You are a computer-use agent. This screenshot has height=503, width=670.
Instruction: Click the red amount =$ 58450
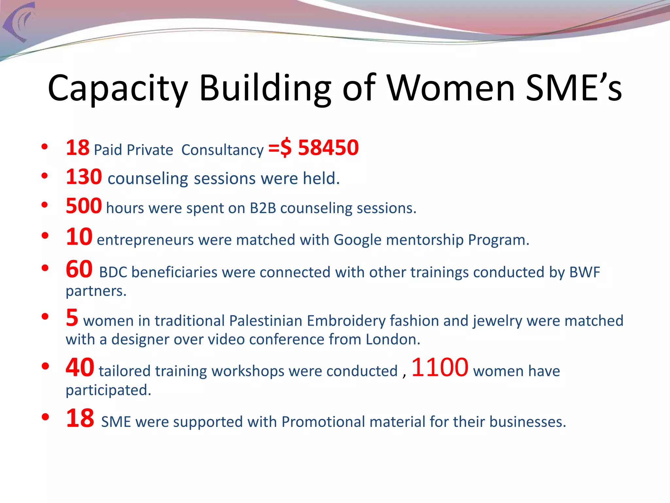tap(313, 148)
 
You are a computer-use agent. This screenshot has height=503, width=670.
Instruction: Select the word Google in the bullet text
tap(357, 240)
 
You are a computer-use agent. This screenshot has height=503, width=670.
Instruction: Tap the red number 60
tap(79, 269)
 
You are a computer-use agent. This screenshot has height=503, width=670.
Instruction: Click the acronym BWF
tap(585, 272)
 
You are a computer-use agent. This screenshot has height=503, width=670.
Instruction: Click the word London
tap(392, 339)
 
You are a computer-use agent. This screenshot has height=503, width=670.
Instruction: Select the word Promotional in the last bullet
tap(323, 422)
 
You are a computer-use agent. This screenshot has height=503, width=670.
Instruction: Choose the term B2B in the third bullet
tap(263, 208)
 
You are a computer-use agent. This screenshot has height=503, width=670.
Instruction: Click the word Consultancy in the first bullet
tap(222, 150)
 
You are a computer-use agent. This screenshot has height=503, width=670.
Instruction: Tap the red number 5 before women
tap(72, 318)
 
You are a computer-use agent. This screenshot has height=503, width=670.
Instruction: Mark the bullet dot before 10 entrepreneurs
tap(45, 235)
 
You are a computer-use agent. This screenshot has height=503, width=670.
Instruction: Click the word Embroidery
tap(346, 321)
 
